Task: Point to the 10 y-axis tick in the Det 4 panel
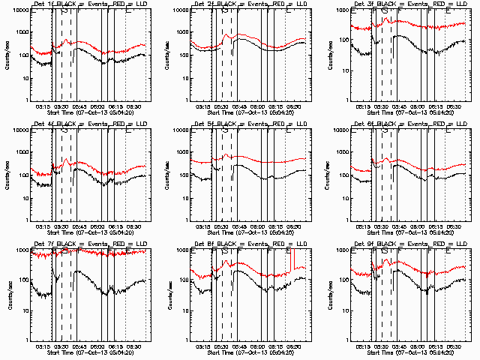[25, 199]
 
